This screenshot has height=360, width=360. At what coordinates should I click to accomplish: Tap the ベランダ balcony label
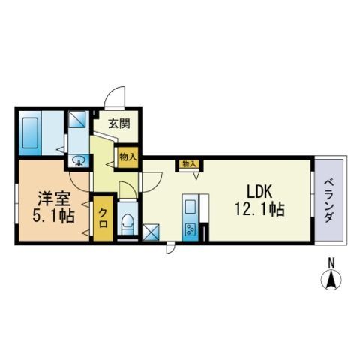pos(329,199)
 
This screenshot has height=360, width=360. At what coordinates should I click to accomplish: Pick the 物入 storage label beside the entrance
pos(127,157)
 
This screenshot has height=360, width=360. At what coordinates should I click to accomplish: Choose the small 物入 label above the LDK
pos(187,163)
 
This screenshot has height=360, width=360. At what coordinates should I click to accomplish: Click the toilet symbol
pos(127,223)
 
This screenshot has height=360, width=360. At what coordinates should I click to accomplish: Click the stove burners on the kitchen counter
pos(190,230)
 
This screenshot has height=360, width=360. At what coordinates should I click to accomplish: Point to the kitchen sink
pos(190,204)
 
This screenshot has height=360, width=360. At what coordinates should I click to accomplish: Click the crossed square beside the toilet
pos(152,233)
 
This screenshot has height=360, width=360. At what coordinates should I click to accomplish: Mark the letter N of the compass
pos(329,262)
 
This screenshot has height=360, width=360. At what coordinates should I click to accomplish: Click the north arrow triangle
pos(329,280)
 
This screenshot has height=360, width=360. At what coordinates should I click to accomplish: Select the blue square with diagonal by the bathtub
pos(77,120)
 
